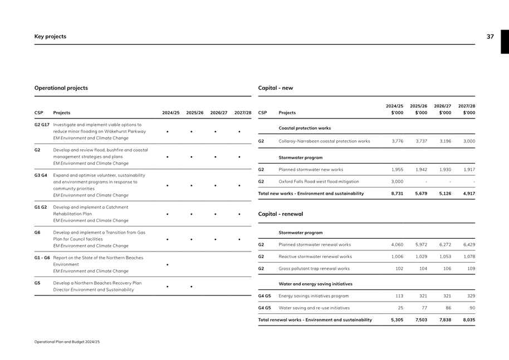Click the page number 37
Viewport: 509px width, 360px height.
[x=490, y=37]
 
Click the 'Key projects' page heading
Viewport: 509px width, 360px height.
[x=50, y=37]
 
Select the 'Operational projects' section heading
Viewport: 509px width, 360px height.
[x=61, y=88]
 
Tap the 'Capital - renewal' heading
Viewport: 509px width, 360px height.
[x=281, y=214]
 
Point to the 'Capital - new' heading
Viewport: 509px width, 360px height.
[x=276, y=88]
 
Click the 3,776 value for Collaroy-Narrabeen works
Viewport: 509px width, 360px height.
[x=397, y=141]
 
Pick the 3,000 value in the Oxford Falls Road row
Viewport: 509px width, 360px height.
[x=397, y=181]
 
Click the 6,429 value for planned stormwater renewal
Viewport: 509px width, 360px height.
[x=469, y=244]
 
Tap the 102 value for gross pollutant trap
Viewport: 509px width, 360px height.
[x=399, y=268]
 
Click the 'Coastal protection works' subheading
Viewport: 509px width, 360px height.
[x=305, y=128]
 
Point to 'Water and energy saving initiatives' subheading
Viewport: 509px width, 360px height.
[x=315, y=284]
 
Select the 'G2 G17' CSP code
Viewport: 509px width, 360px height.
[x=42, y=125]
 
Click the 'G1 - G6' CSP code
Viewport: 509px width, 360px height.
[x=42, y=258]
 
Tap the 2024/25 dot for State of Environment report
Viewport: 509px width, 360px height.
[x=167, y=264]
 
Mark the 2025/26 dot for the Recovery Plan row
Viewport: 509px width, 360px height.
[x=191, y=287]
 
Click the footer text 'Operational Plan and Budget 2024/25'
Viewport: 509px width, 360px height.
[x=67, y=342]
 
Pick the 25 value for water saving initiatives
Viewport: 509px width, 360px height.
[x=400, y=308]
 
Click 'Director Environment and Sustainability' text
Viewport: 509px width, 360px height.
[x=94, y=290]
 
